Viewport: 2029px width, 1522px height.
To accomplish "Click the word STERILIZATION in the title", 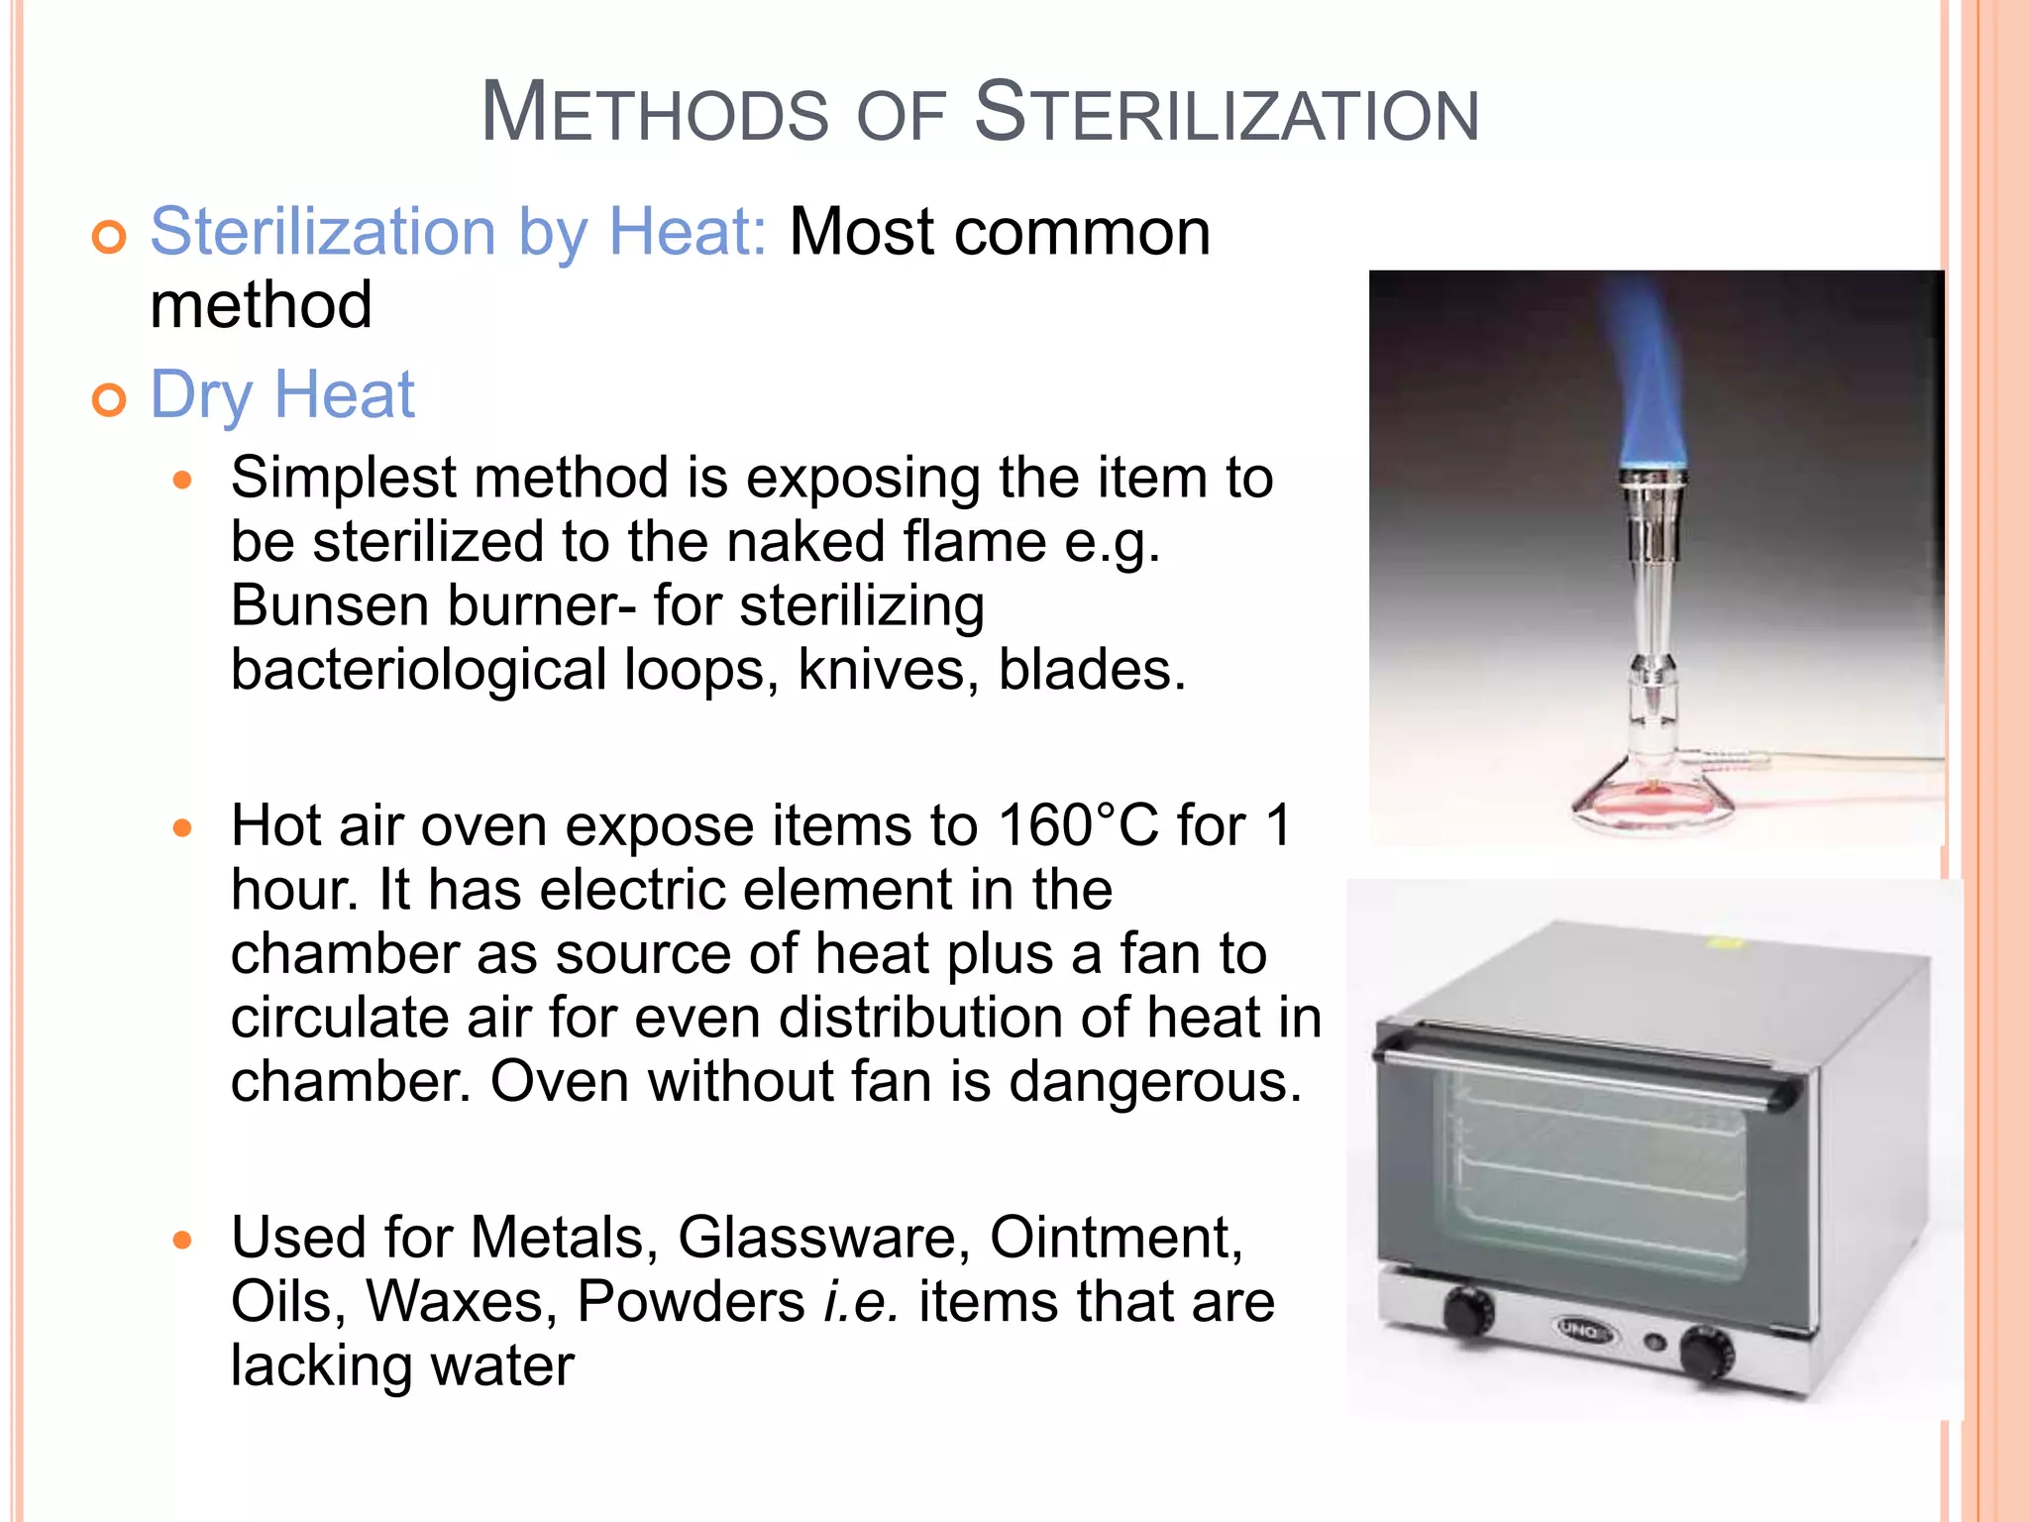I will tap(1227, 113).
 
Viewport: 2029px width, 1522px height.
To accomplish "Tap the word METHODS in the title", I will tap(654, 113).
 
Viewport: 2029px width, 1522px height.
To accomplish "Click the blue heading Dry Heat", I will tap(282, 394).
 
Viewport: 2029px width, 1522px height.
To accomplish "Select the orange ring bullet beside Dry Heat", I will tap(109, 399).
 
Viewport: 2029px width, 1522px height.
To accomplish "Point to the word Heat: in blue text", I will tap(687, 232).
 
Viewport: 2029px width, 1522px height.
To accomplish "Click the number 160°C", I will tap(1078, 825).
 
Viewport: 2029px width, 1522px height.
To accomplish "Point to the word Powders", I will tap(691, 1302).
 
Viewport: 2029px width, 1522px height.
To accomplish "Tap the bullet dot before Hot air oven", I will tap(181, 827).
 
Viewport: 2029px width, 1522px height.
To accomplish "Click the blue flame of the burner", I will tap(1652, 386).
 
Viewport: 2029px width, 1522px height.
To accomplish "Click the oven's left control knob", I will tap(1466, 1310).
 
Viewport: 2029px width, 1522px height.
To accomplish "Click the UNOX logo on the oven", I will tap(1582, 1330).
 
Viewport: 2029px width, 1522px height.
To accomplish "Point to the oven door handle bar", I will tap(1585, 1072).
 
